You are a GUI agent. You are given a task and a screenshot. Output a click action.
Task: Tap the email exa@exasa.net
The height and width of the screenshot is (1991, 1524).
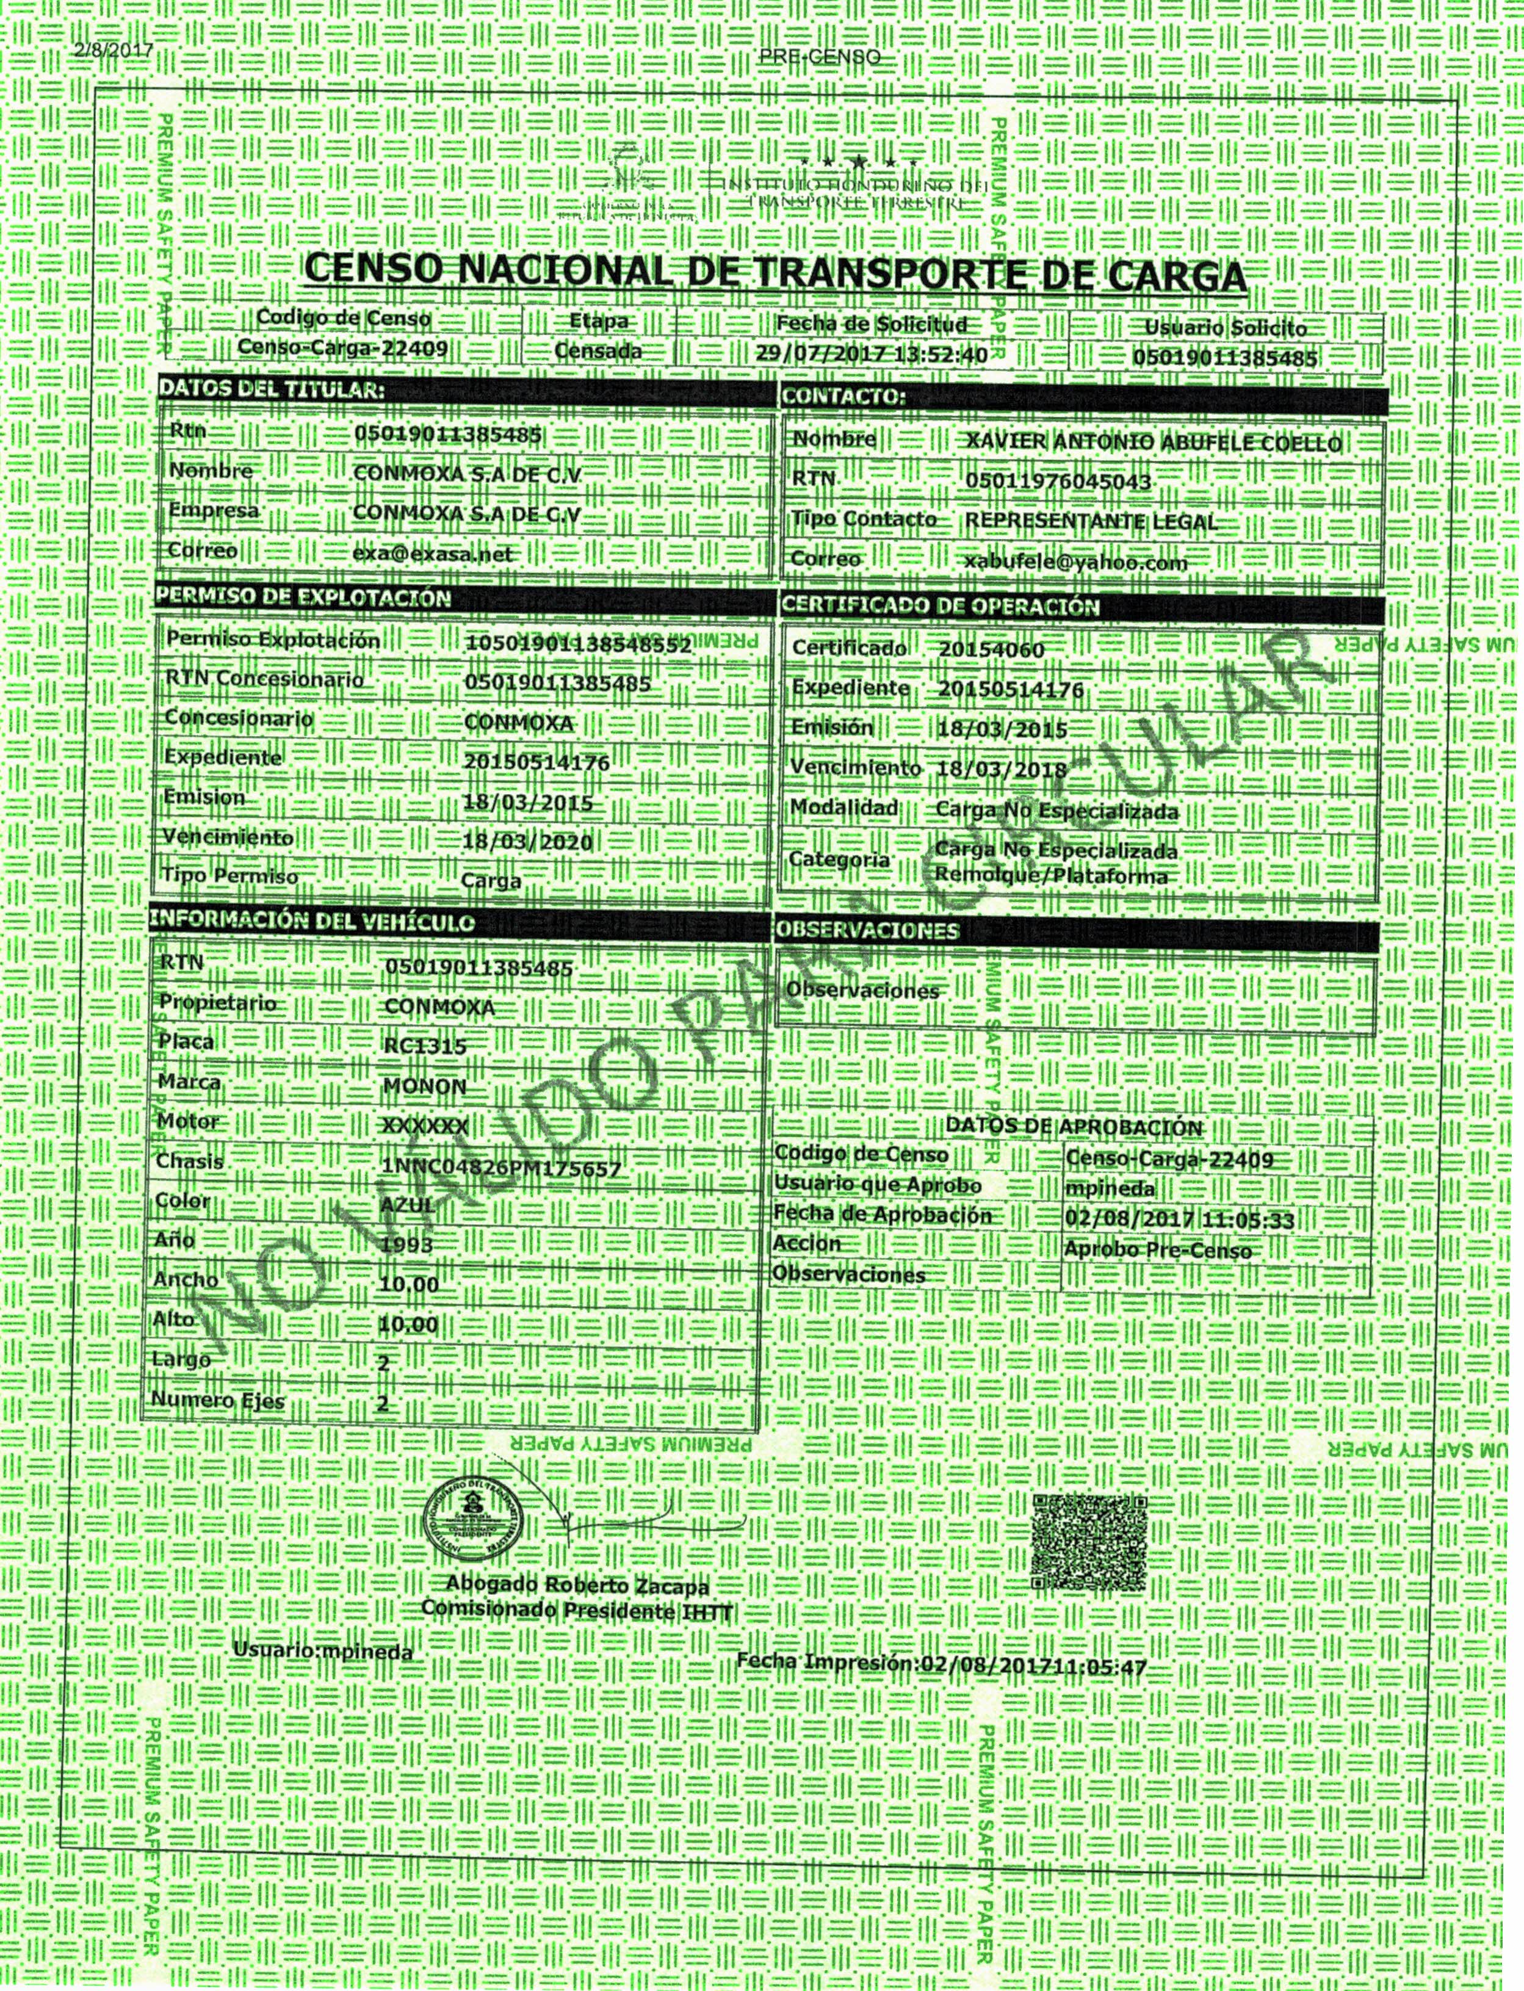432,554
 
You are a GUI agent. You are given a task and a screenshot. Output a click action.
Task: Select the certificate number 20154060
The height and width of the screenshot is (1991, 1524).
992,649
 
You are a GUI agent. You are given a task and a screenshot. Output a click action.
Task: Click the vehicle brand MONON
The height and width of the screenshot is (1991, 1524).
425,1086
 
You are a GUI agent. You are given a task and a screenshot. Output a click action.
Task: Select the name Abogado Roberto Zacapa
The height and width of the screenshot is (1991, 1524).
578,1611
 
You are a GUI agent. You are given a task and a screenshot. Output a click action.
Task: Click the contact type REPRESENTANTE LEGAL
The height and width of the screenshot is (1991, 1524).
1091,522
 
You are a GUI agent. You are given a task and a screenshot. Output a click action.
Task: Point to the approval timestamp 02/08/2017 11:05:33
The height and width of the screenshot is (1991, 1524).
1179,1219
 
